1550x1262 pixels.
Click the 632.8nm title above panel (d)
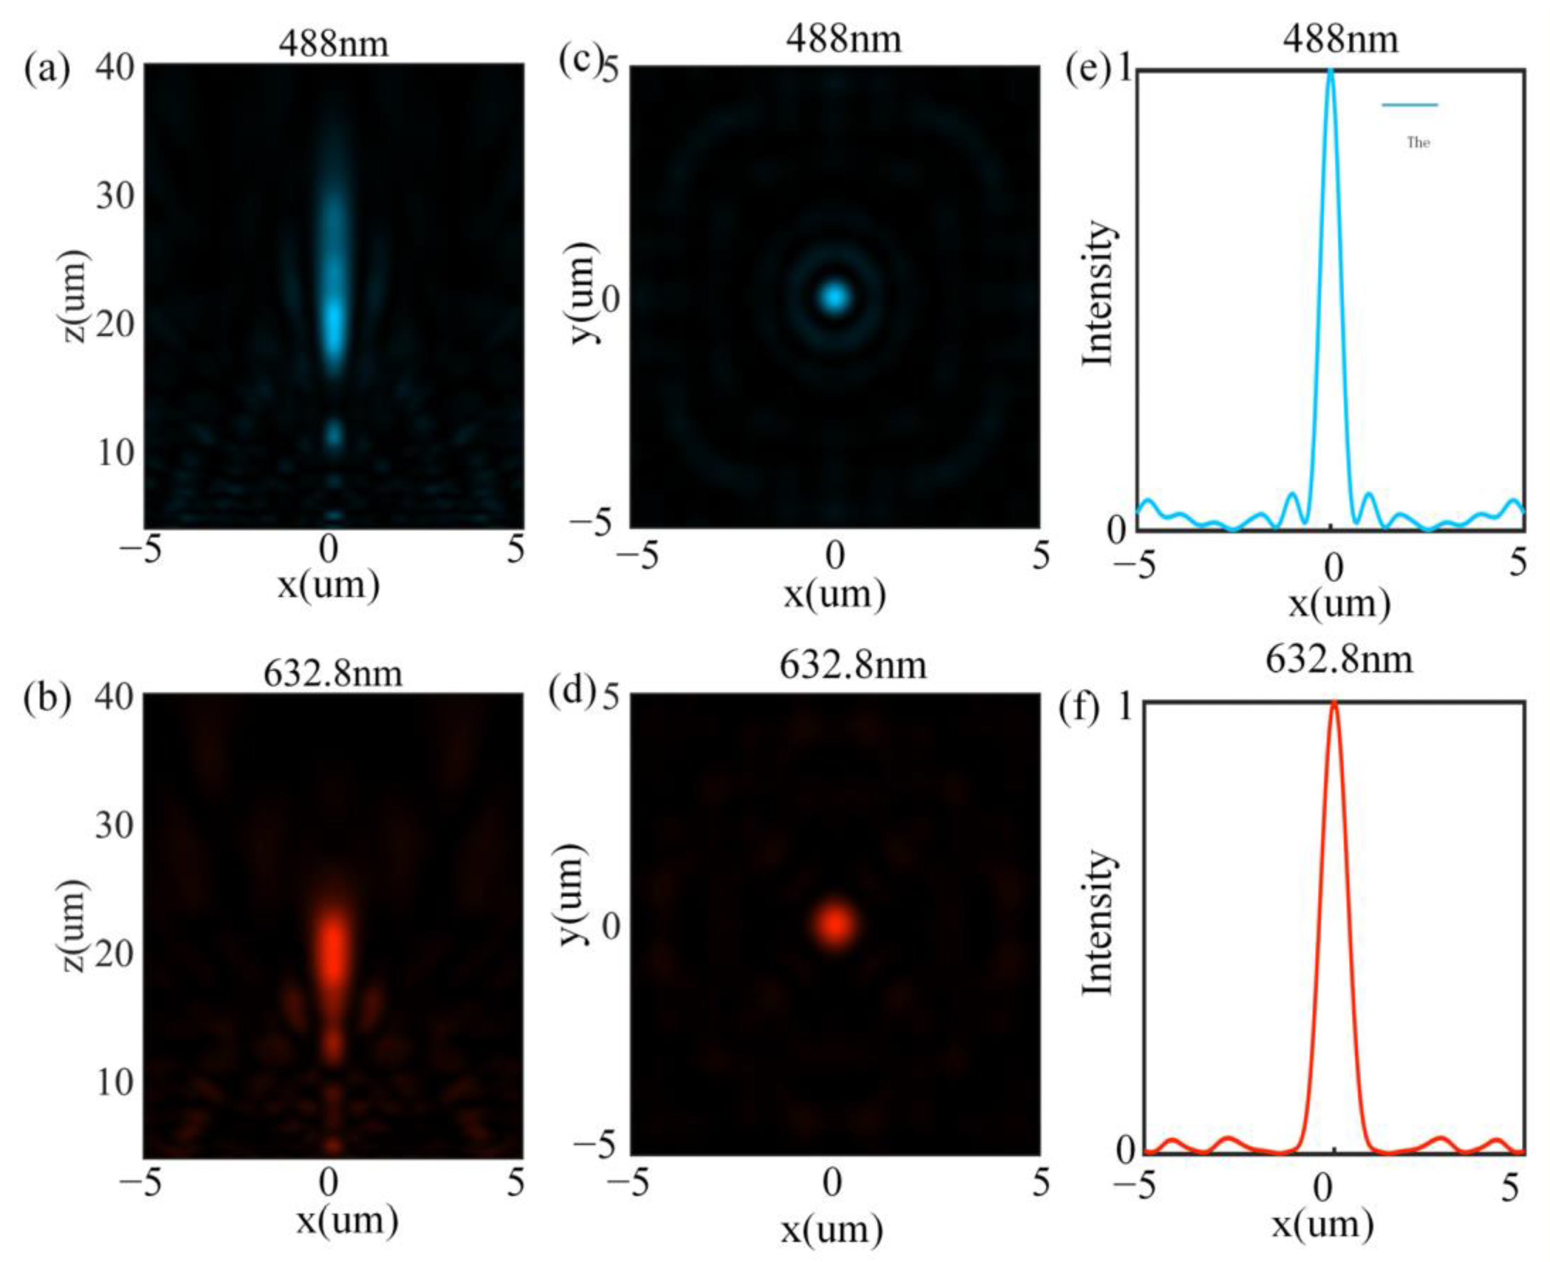[852, 666]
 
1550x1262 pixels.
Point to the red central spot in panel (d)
[835, 924]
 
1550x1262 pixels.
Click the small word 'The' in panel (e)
[1418, 143]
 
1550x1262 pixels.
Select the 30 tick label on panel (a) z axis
[116, 195]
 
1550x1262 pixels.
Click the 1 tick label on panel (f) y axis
[1127, 707]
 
